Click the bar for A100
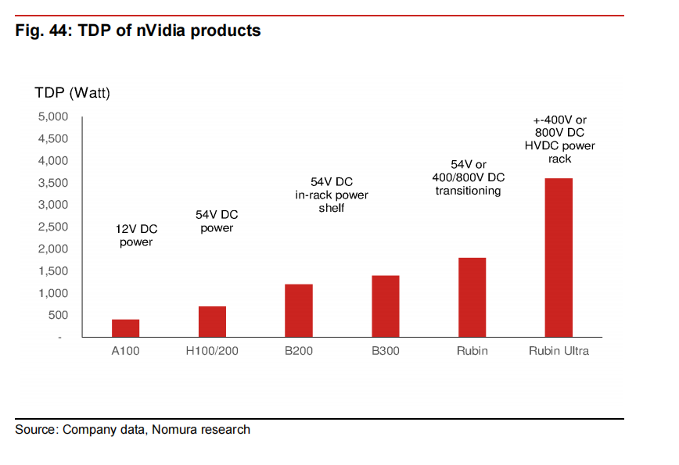tap(125, 328)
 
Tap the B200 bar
tap(299, 311)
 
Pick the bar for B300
tap(386, 306)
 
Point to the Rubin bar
tap(472, 298)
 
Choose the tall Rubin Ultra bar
tap(559, 258)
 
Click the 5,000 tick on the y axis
tap(54, 116)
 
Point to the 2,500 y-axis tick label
tap(54, 227)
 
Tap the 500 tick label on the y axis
tap(59, 316)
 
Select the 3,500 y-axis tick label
tap(54, 183)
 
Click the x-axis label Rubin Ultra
tap(559, 351)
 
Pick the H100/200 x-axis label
tap(212, 351)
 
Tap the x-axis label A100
tap(125, 351)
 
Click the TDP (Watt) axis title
tap(73, 93)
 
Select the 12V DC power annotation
tap(136, 236)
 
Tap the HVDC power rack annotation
tap(559, 139)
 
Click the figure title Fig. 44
tap(138, 31)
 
